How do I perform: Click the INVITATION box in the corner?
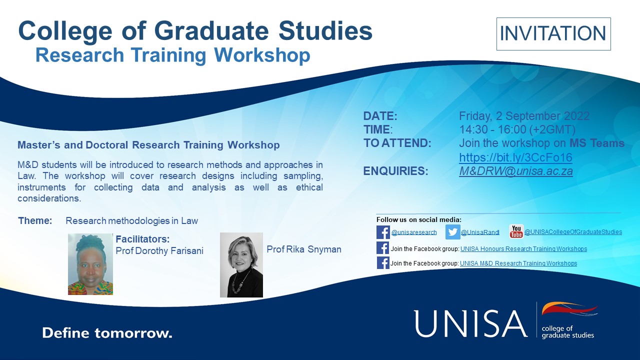pos(553,33)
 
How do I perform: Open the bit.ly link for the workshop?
pos(515,157)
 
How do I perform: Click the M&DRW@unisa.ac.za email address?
pos(515,171)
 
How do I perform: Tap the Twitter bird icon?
pos(452,232)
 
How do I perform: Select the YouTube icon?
pos(516,231)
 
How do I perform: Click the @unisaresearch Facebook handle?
pos(413,232)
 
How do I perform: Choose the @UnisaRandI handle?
pos(480,232)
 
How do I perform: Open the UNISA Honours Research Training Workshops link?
pos(523,249)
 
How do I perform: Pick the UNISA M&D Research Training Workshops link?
pos(518,263)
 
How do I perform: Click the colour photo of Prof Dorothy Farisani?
pos(90,264)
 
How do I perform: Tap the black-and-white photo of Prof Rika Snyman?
pos(241,265)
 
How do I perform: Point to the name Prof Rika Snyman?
pos(304,249)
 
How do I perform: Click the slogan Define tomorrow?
pos(107,332)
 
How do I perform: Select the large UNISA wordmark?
pos(470,323)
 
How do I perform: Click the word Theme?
pos(35,220)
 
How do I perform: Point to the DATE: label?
pos(380,116)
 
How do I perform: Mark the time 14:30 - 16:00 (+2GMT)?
pos(517,129)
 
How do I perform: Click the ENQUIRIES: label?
pos(395,171)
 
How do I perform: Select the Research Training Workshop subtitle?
pos(172,55)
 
